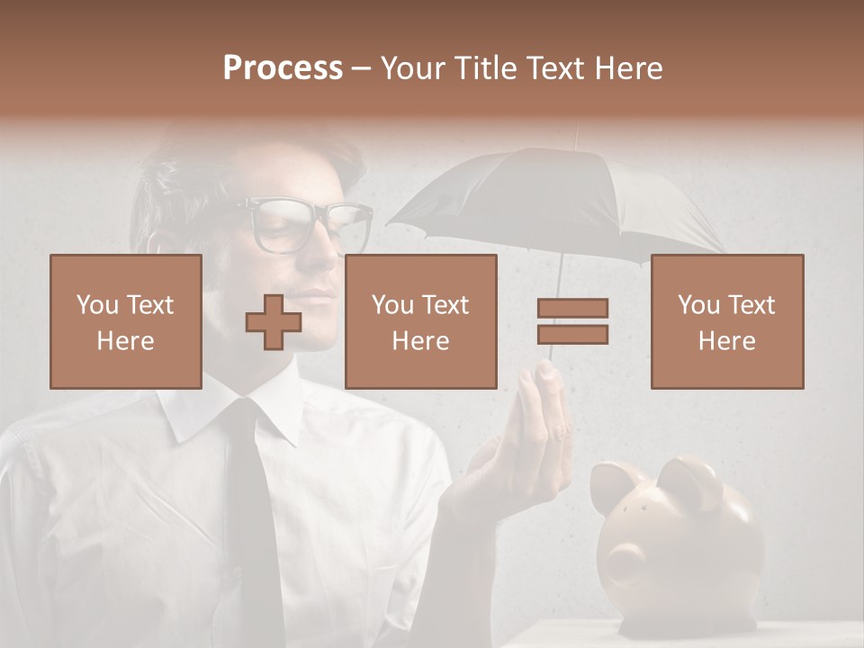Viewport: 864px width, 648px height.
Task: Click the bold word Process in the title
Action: pos(283,68)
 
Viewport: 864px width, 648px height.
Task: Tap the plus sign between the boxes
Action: pos(274,322)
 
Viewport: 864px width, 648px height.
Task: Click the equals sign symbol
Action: pos(572,321)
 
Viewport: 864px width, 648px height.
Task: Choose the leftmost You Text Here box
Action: pos(126,321)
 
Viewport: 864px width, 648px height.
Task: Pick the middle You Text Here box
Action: pos(420,321)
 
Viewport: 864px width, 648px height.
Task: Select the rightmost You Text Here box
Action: pos(726,321)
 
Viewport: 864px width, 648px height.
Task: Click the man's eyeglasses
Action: pos(306,224)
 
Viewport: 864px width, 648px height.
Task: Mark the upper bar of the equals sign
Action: pos(572,309)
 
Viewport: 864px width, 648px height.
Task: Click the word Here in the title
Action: pos(627,68)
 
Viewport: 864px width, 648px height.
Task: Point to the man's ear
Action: pos(155,243)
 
